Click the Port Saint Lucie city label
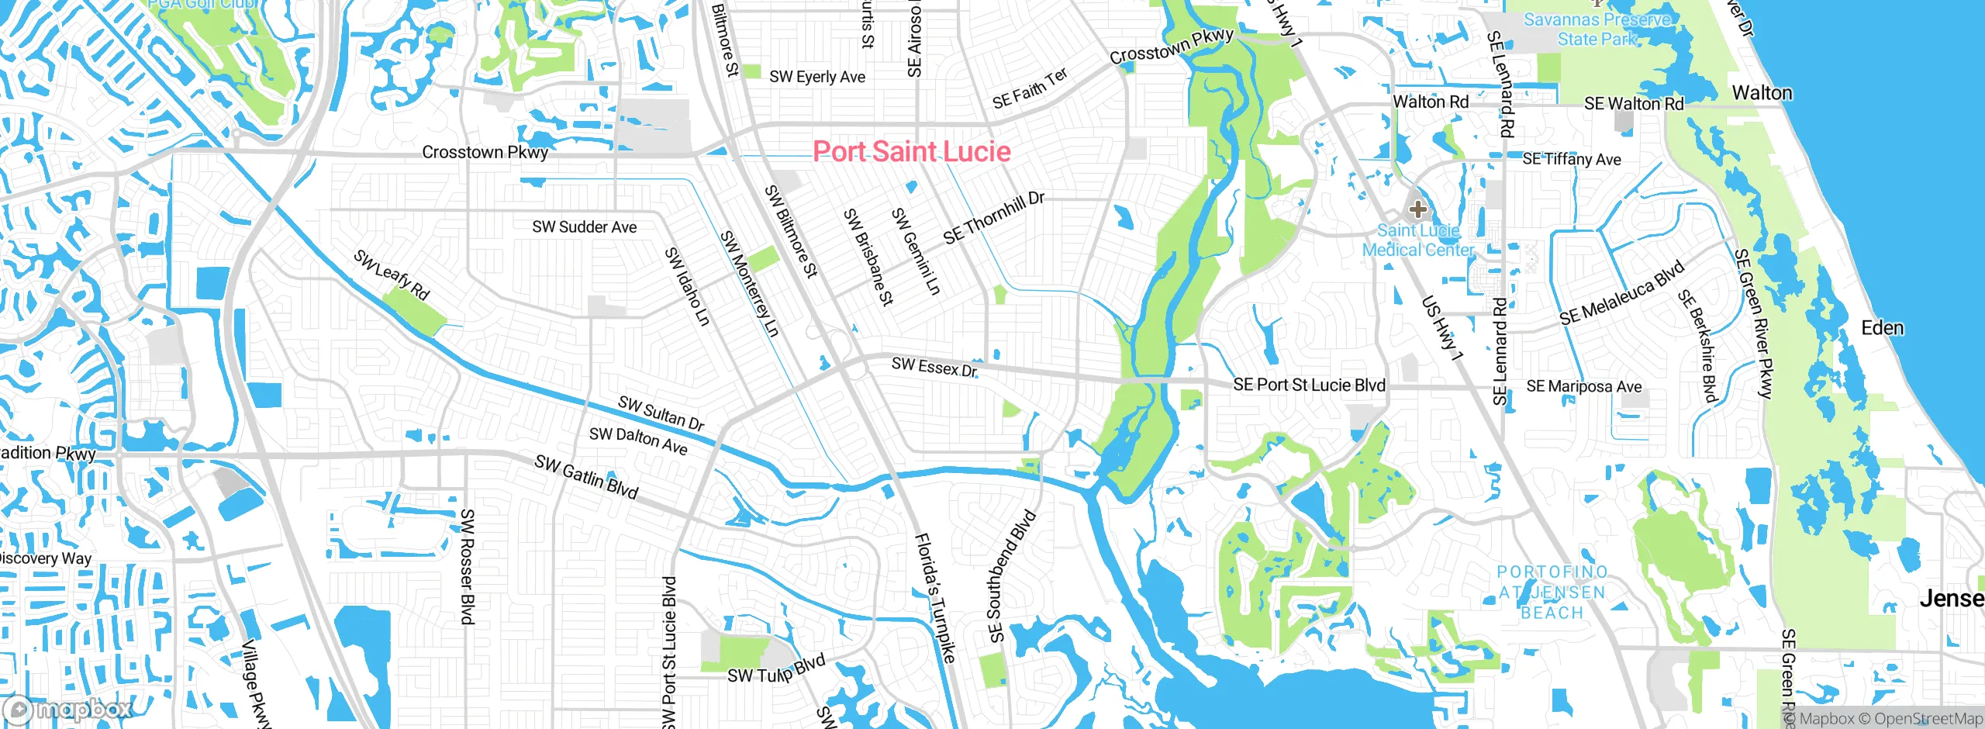coord(911,151)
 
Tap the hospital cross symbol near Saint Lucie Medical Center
coord(1418,209)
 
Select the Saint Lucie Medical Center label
coord(1418,240)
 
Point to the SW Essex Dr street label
coord(934,367)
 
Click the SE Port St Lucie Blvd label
coord(1309,385)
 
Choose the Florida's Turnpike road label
coord(935,597)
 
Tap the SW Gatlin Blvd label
coord(586,476)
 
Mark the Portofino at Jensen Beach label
coord(1552,593)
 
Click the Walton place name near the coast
coord(1762,93)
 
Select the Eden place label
coord(1882,328)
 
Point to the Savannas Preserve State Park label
coord(1597,29)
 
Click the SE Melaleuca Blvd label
coord(1622,293)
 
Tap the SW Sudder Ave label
coord(584,227)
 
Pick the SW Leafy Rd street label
coord(392,275)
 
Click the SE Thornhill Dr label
coord(993,217)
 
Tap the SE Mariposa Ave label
coord(1583,386)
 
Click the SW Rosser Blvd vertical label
coord(467,566)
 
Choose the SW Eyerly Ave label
coord(816,77)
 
